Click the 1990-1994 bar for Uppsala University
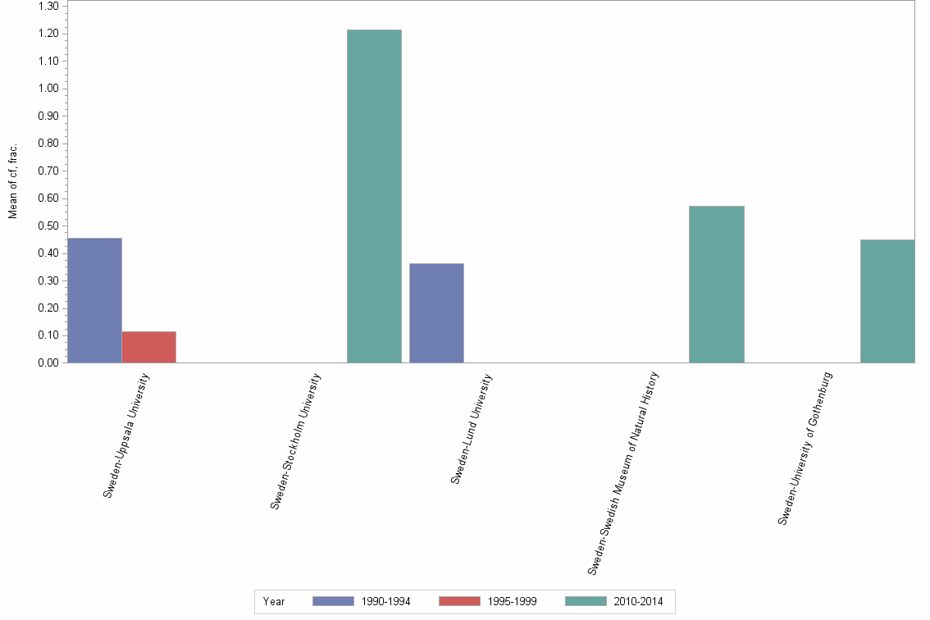point(94,300)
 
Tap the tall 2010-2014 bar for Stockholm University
point(374,196)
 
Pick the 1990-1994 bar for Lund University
point(436,312)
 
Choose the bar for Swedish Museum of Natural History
point(716,284)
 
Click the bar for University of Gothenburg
point(887,301)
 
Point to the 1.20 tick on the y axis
point(47,34)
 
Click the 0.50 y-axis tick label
point(47,226)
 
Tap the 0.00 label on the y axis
point(47,362)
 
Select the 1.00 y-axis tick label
point(47,89)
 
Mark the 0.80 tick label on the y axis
point(47,144)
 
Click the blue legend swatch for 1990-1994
point(333,601)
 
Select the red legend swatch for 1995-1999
point(459,601)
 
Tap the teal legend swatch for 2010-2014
point(586,601)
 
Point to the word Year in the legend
point(274,602)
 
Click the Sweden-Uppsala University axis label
point(126,435)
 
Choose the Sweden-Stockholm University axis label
point(295,441)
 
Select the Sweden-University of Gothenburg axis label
point(805,449)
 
